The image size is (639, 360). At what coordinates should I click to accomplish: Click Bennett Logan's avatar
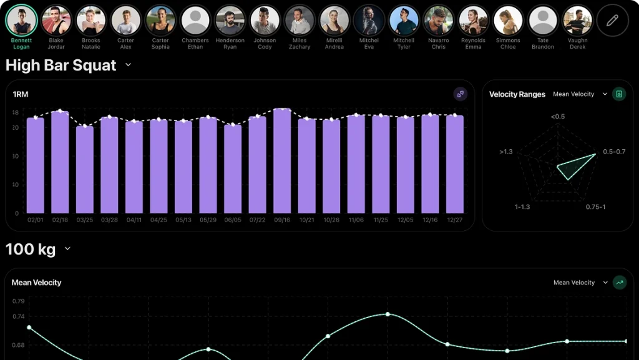pyautogui.click(x=21, y=21)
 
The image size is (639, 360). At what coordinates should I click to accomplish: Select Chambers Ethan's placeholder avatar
pyautogui.click(x=195, y=21)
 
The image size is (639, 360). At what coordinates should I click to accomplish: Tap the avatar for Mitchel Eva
pyautogui.click(x=369, y=21)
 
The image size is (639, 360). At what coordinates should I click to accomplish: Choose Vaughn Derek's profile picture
pyautogui.click(x=577, y=21)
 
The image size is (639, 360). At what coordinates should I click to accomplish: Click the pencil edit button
pyautogui.click(x=612, y=21)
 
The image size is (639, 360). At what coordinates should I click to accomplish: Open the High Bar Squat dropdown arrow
pyautogui.click(x=128, y=65)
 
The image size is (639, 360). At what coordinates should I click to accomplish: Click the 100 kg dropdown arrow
pyautogui.click(x=67, y=249)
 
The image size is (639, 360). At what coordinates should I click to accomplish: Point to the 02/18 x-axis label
pyautogui.click(x=60, y=220)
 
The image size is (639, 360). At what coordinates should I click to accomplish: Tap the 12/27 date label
pyautogui.click(x=455, y=220)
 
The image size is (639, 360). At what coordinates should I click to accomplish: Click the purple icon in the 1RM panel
pyautogui.click(x=460, y=94)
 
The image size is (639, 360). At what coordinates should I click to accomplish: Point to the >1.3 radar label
pyautogui.click(x=506, y=152)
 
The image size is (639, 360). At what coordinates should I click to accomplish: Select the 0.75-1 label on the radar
pyautogui.click(x=595, y=207)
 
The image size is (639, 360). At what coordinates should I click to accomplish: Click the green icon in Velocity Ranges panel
pyautogui.click(x=618, y=94)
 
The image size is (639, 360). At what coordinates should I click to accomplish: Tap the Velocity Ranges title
pyautogui.click(x=517, y=94)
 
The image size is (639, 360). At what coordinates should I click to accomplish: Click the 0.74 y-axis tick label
pyautogui.click(x=18, y=317)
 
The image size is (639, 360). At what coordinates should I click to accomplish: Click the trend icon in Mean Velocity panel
pyautogui.click(x=619, y=283)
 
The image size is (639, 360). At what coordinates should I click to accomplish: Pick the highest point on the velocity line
pyautogui.click(x=388, y=314)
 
